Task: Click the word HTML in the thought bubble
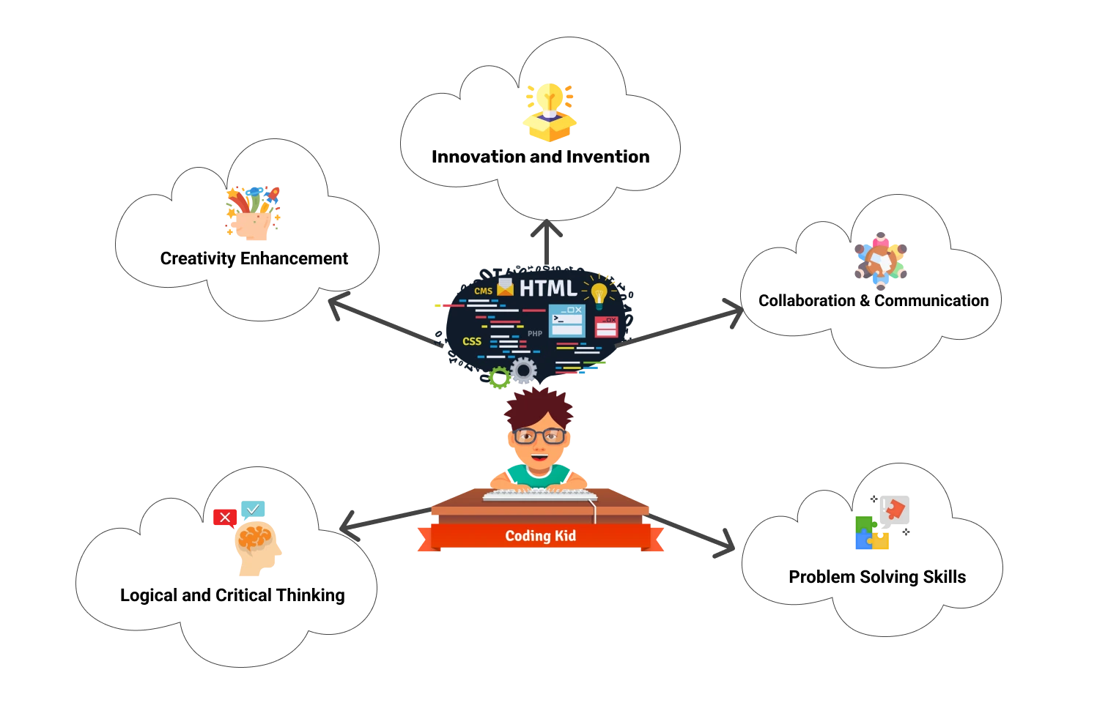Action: [x=548, y=288]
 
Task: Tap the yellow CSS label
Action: [x=472, y=341]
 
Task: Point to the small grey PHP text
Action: [x=535, y=334]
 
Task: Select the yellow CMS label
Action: [x=483, y=291]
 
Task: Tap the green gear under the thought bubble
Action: [x=500, y=378]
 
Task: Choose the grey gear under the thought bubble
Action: [x=523, y=371]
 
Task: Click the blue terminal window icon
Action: [x=566, y=321]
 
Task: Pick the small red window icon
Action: [x=606, y=327]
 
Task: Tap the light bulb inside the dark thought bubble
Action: [x=599, y=294]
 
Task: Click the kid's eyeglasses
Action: [x=540, y=436]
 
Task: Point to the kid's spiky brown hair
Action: [x=539, y=408]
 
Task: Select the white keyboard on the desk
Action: [x=539, y=496]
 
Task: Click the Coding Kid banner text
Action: [x=540, y=536]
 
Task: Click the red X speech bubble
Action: [x=224, y=518]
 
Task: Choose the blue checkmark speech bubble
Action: [x=254, y=509]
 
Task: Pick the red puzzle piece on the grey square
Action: [x=896, y=509]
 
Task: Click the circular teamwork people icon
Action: [x=880, y=261]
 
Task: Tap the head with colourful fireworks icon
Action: [x=252, y=213]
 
